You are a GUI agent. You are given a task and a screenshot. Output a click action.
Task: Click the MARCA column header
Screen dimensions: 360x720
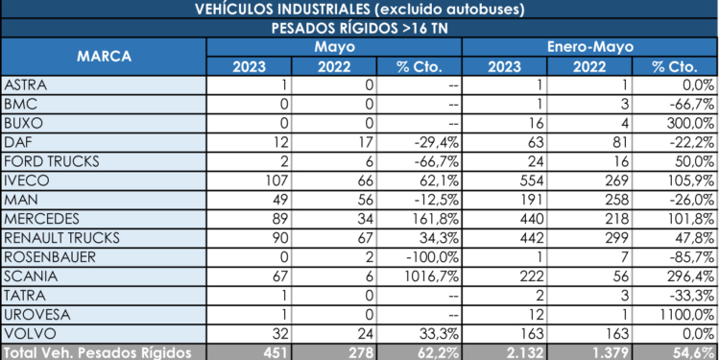pos(104,56)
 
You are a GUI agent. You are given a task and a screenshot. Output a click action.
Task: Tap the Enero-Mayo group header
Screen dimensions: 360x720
pos(589,46)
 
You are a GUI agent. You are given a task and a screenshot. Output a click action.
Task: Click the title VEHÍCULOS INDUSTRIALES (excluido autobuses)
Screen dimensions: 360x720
pos(360,10)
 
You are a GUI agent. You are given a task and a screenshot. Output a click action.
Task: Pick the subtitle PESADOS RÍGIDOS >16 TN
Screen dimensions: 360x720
pos(360,28)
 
